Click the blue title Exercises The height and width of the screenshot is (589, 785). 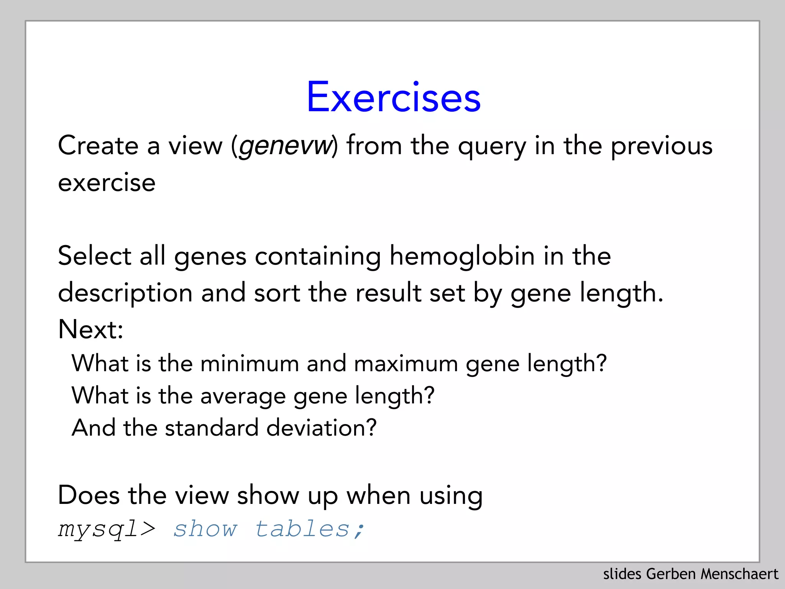(x=393, y=97)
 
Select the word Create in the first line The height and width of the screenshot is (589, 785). (x=98, y=146)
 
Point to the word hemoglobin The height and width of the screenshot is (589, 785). (x=462, y=256)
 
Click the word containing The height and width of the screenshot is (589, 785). (x=318, y=257)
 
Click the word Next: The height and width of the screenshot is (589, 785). (x=90, y=329)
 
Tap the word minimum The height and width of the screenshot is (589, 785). (x=250, y=363)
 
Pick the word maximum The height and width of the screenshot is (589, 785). (x=406, y=363)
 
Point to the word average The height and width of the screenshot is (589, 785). (x=243, y=396)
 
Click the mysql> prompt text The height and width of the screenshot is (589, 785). (x=107, y=529)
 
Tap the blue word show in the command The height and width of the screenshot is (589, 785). (x=205, y=529)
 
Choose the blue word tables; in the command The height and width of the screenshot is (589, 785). (x=310, y=529)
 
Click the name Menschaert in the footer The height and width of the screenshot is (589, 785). (x=739, y=574)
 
